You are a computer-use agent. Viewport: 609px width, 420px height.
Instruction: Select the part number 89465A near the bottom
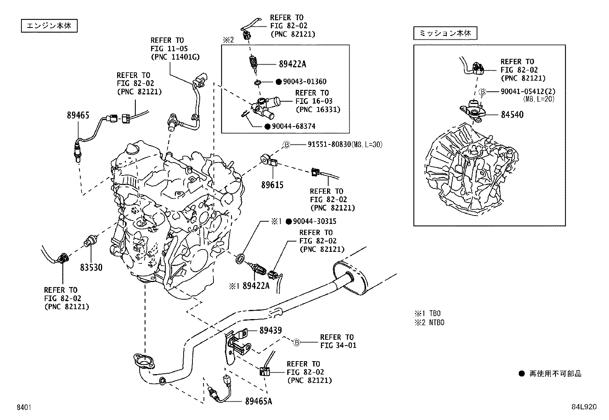coord(259,401)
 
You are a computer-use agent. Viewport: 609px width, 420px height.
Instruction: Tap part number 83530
coord(91,267)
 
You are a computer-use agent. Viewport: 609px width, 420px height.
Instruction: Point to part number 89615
coord(272,185)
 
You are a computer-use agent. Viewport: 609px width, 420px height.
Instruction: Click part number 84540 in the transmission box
coord(512,115)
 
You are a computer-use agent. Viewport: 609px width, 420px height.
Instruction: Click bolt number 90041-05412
coord(524,92)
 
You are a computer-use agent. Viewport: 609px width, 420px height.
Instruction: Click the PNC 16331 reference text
coord(318,110)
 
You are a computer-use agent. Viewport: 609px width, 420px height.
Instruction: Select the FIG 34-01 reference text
coord(338,345)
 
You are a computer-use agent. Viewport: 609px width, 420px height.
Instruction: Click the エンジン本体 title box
coord(49,26)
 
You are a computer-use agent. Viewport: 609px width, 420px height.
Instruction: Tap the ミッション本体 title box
coord(445,33)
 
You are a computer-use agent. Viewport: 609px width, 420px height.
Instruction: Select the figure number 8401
coord(24,407)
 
